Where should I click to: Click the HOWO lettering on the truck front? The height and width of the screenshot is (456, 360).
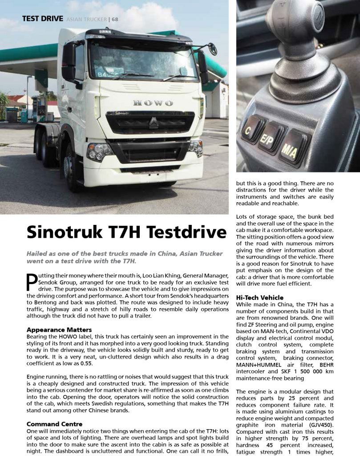[x=153, y=103]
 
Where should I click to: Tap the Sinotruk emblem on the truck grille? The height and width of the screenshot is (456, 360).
[x=154, y=123]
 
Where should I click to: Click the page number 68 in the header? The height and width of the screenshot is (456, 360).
[x=115, y=19]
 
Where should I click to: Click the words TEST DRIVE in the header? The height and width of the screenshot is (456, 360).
[x=42, y=19]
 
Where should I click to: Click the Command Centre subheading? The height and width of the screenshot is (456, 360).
[x=54, y=424]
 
